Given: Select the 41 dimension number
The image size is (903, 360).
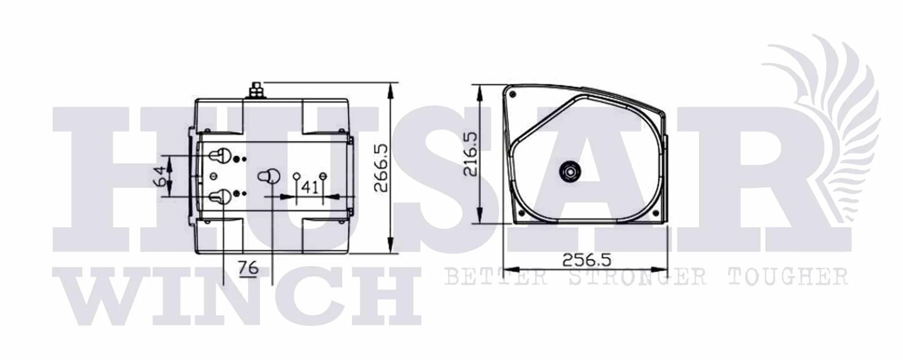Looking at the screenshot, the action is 310,187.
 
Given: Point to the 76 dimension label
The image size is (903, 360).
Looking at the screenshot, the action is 249,267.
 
